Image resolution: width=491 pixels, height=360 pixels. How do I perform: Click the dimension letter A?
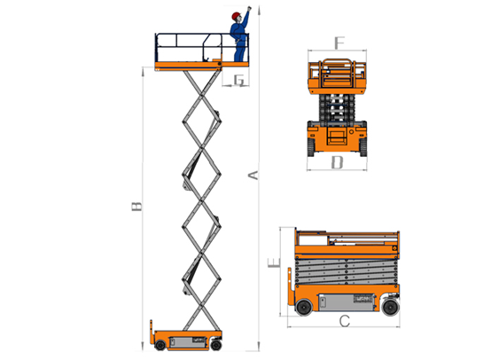pyautogui.click(x=253, y=176)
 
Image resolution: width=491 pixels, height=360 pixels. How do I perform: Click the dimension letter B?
pyautogui.click(x=136, y=207)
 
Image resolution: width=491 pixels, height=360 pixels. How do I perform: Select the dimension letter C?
pyautogui.click(x=345, y=321)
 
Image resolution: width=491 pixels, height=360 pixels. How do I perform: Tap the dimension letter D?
pyautogui.click(x=337, y=162)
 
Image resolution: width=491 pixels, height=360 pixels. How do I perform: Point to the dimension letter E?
pyautogui.click(x=274, y=262)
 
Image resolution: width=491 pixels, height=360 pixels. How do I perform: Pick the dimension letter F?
pyautogui.click(x=339, y=43)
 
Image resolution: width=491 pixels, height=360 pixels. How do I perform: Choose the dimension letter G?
pyautogui.click(x=239, y=80)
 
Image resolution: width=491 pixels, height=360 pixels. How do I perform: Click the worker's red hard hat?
pyautogui.click(x=236, y=15)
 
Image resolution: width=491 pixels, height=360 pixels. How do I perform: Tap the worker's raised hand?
pyautogui.click(x=249, y=8)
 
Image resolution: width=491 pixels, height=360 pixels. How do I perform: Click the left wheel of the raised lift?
pyautogui.click(x=160, y=345)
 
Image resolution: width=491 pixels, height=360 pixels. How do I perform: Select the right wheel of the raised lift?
pyautogui.click(x=216, y=345)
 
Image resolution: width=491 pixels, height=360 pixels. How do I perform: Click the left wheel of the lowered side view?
pyautogui.click(x=304, y=307)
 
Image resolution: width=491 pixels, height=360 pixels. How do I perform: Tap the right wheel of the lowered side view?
pyautogui.click(x=391, y=307)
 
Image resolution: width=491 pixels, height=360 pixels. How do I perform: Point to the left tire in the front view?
pyautogui.click(x=310, y=146)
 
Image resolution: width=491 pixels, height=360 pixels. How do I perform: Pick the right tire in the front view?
pyautogui.click(x=363, y=146)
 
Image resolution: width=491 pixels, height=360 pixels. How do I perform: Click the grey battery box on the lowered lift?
pyautogui.click(x=346, y=302)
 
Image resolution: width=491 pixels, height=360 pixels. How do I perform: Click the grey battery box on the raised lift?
pyautogui.click(x=188, y=341)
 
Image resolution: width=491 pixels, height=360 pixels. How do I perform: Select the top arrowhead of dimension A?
pyautogui.click(x=259, y=11)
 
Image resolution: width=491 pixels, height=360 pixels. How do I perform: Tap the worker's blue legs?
pyautogui.click(x=239, y=51)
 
